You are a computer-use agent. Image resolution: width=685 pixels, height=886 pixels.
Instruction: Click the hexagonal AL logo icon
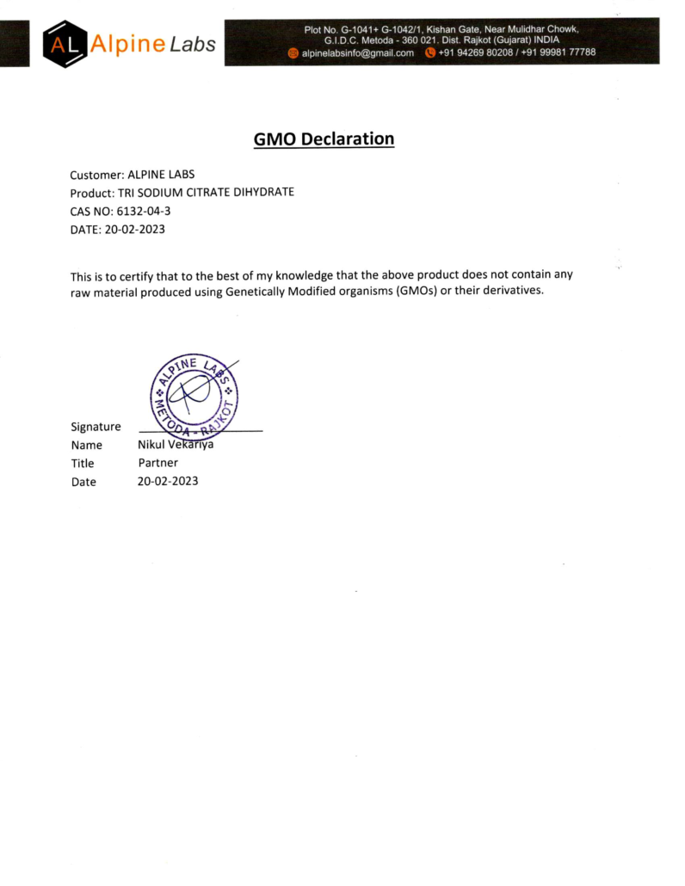65,44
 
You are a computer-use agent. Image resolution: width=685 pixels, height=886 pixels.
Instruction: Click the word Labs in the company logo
192,44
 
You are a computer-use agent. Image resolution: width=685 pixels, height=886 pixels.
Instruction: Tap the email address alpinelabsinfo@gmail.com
357,52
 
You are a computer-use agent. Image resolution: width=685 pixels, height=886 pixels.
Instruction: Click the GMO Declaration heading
324,139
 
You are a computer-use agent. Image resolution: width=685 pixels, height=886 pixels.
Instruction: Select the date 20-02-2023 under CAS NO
134,230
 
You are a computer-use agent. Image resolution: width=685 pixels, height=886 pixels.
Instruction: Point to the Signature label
96,427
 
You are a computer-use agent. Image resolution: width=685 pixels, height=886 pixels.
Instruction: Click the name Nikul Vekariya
176,445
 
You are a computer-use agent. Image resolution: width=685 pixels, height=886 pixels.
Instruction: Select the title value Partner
158,463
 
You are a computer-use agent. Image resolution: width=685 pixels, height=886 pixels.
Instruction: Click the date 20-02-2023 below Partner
168,481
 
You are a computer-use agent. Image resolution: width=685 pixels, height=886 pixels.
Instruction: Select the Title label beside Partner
83,464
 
